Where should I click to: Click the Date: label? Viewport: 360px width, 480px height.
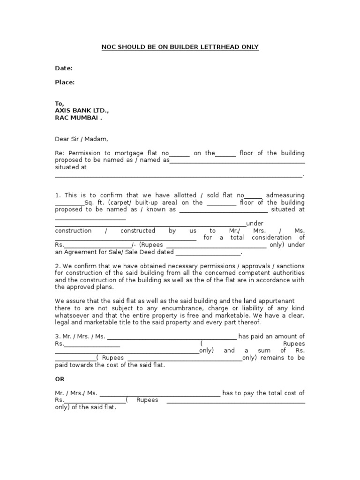(x=64, y=68)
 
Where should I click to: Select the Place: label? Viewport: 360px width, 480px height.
(x=65, y=82)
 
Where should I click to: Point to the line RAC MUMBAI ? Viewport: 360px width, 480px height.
(x=78, y=118)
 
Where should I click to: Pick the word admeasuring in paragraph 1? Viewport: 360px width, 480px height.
(x=285, y=195)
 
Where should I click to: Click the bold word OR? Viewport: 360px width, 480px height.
(x=60, y=379)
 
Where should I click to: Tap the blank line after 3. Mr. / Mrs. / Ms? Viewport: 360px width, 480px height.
(x=172, y=337)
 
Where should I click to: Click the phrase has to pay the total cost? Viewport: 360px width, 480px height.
(x=263, y=393)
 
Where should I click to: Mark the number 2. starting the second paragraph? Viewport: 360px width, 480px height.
(x=57, y=266)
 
